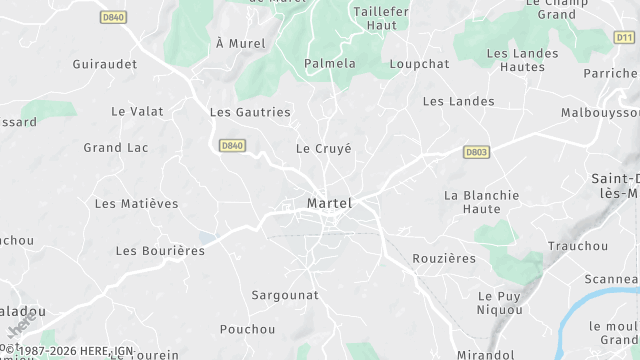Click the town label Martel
pyautogui.click(x=329, y=203)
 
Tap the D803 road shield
pyautogui.click(x=476, y=152)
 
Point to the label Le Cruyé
pyautogui.click(x=324, y=148)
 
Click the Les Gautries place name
pyautogui.click(x=250, y=112)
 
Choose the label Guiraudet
pyautogui.click(x=104, y=63)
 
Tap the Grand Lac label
pyautogui.click(x=115, y=148)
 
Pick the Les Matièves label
pyautogui.click(x=136, y=203)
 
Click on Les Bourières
pyautogui.click(x=160, y=250)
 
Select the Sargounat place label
pyautogui.click(x=285, y=295)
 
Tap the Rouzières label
pyautogui.click(x=444, y=258)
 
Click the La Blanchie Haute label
pyautogui.click(x=482, y=202)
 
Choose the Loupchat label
pyautogui.click(x=419, y=63)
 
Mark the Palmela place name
pyautogui.click(x=329, y=63)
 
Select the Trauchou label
pyautogui.click(x=578, y=245)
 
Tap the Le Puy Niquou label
pyautogui.click(x=500, y=303)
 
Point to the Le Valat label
pyautogui.click(x=138, y=111)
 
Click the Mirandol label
pyautogui.click(x=484, y=354)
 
